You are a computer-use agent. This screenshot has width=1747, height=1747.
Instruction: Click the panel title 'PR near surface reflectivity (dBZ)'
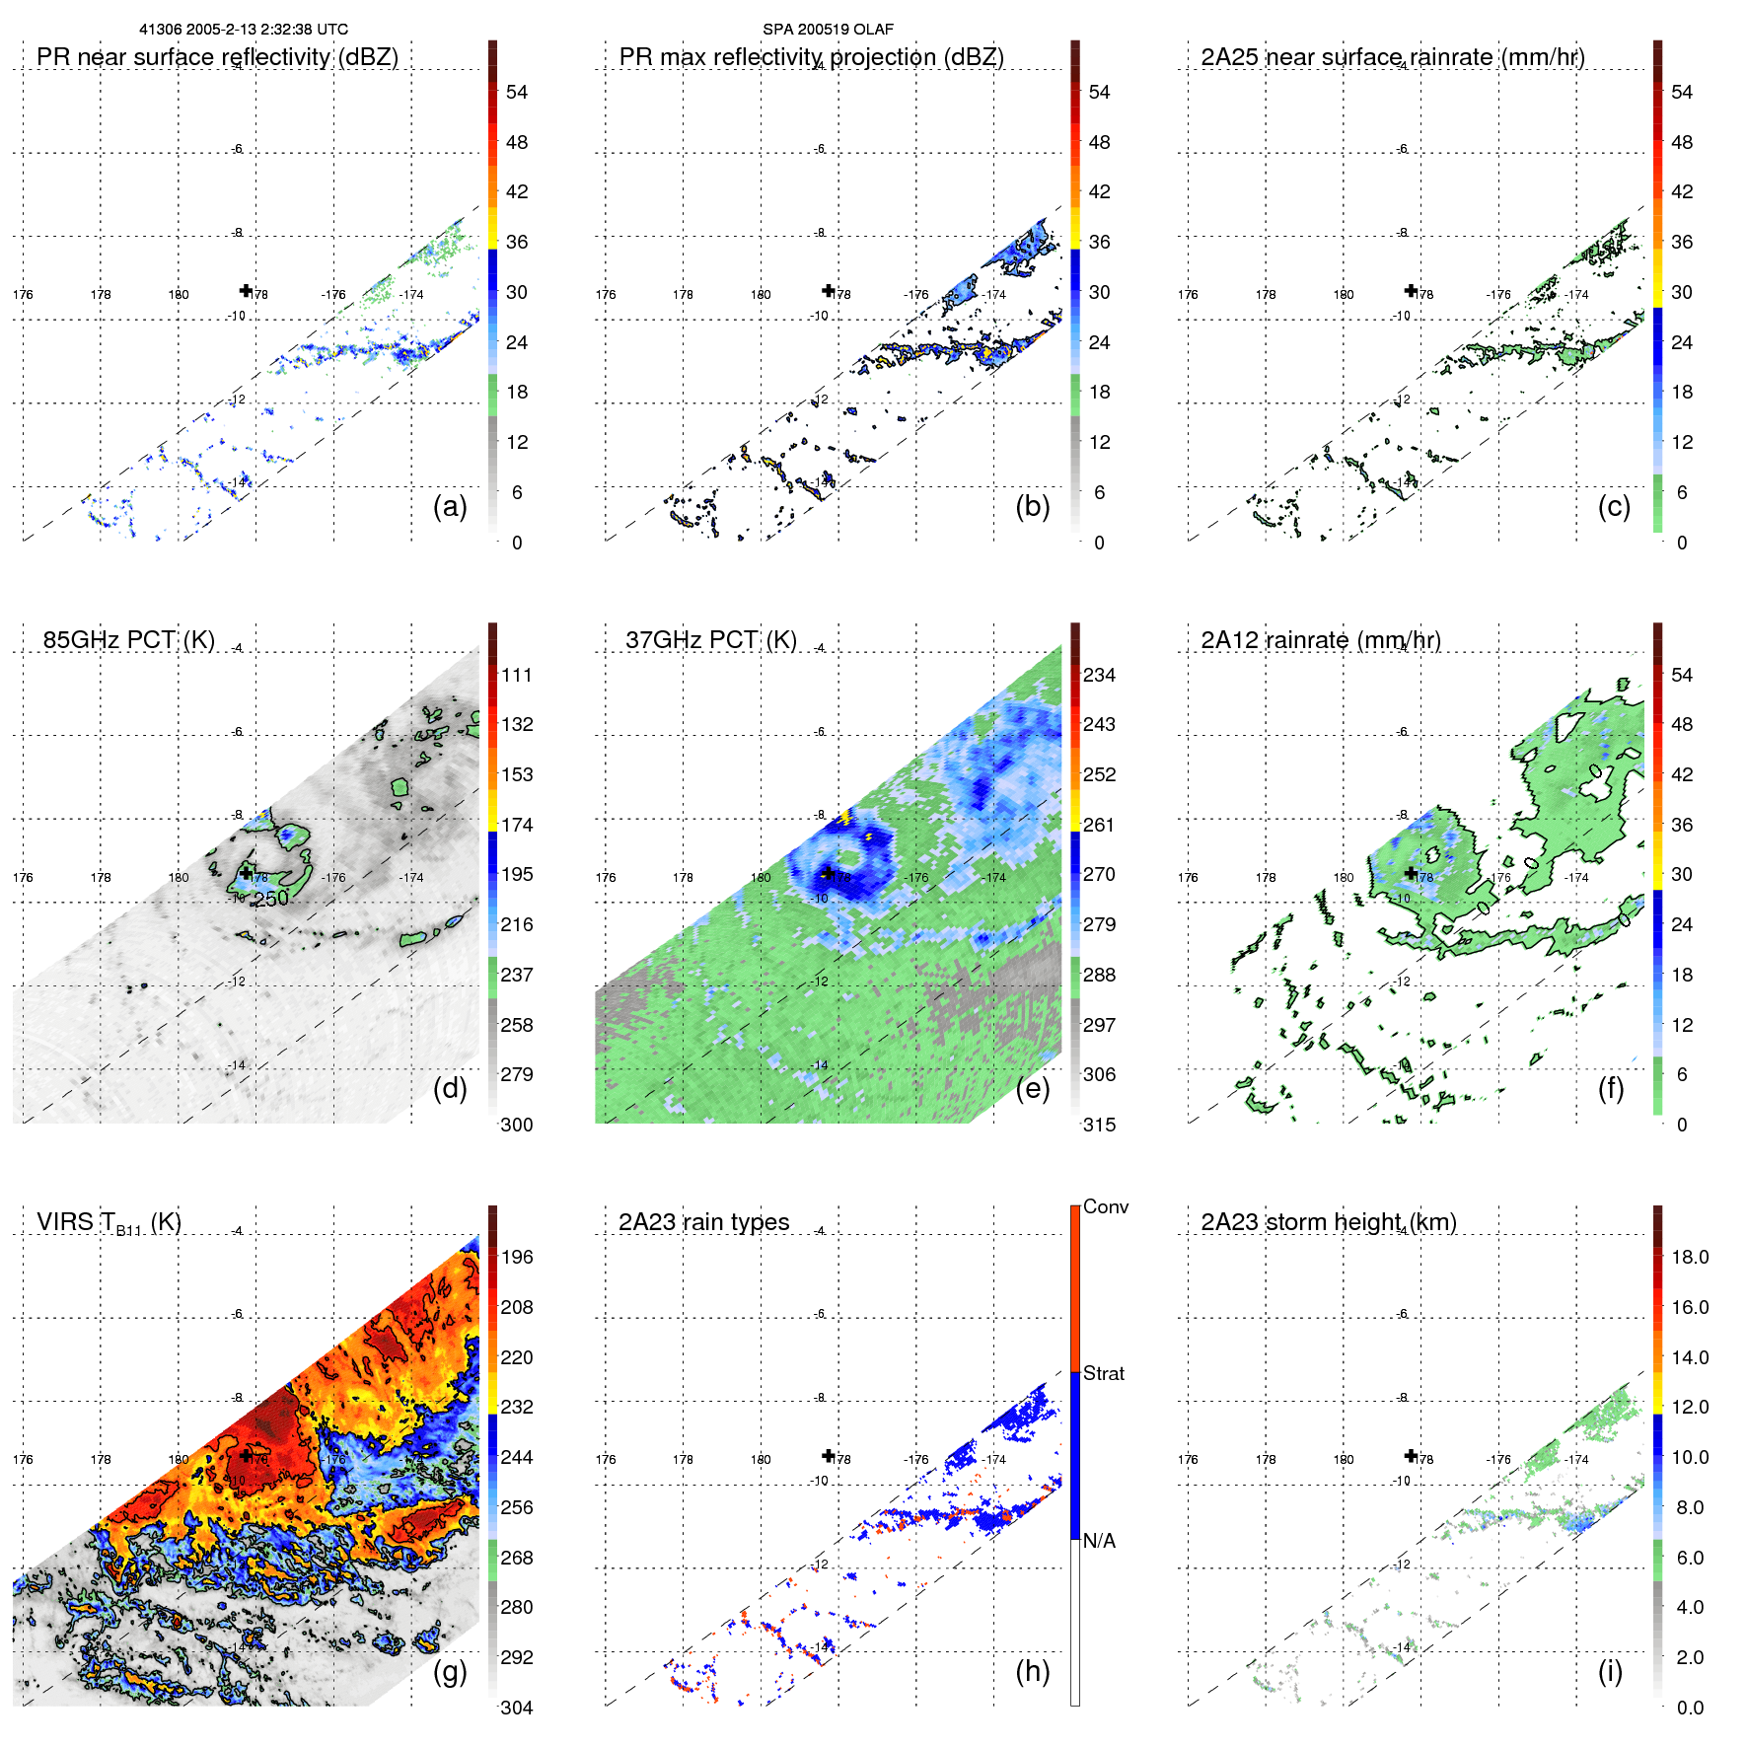217,57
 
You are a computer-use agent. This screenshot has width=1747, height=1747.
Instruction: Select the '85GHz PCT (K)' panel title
128,640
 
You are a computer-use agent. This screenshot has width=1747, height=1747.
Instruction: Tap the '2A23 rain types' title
703,1222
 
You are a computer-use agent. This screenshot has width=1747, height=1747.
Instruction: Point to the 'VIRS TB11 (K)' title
109,1223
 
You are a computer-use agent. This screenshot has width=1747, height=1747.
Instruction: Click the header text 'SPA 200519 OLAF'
828,30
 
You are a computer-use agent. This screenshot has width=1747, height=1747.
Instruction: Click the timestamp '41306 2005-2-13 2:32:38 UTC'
244,30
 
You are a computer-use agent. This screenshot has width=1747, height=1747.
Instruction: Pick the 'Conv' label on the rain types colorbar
1105,1206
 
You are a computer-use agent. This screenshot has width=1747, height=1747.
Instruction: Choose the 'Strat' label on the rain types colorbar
1103,1373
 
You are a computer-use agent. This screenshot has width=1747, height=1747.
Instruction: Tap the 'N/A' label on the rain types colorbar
1099,1541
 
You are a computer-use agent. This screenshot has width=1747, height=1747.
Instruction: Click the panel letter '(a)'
450,506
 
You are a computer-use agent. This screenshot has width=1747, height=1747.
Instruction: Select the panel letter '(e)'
1033,1088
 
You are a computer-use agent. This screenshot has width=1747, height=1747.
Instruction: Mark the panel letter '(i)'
1610,1671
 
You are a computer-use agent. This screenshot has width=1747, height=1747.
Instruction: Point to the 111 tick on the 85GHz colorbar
517,675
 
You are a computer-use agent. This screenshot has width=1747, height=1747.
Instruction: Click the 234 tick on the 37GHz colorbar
1099,675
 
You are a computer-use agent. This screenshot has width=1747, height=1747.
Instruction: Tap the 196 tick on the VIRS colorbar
517,1257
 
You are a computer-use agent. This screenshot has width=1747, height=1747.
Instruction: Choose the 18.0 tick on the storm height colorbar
1690,1257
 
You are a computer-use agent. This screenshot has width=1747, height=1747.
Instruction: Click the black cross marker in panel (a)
246,290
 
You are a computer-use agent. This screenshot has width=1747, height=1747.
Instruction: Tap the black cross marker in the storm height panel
1411,1455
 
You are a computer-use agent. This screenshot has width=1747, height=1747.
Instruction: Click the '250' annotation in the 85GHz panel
271,899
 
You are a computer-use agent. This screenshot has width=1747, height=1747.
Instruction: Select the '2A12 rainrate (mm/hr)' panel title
1321,640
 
